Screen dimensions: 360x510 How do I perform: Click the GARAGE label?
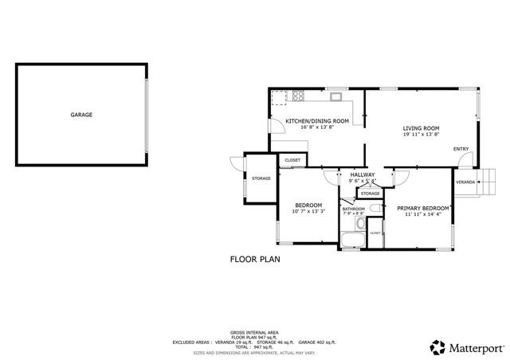81,115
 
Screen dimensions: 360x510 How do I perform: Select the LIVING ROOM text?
421,128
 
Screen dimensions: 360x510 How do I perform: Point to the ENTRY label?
461,149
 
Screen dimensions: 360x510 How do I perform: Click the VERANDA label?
465,182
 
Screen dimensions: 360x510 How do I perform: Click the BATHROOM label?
354,209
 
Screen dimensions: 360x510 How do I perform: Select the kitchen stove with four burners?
299,98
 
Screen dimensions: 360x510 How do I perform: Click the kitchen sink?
337,98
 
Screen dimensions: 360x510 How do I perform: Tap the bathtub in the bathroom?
351,239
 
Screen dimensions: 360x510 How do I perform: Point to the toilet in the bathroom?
375,209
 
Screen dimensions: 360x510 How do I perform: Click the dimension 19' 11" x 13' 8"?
421,135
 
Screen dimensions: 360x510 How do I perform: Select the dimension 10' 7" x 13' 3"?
308,212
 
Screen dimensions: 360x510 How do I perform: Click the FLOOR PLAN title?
255,259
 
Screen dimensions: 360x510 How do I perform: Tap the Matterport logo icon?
437,347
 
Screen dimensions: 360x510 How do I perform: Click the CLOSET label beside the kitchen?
292,161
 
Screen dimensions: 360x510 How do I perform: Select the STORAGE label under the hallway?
370,194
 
